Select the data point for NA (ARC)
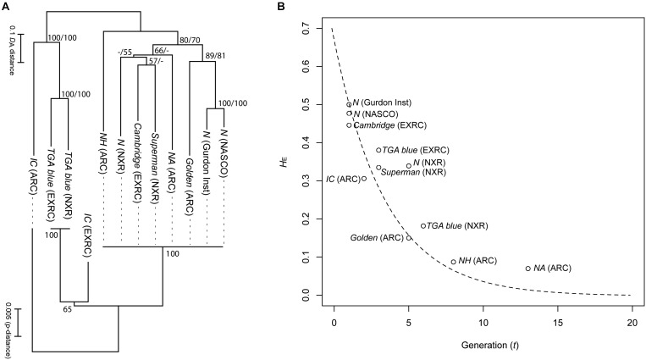click(x=528, y=269)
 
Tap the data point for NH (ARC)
click(x=454, y=262)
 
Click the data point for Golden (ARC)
click(x=409, y=237)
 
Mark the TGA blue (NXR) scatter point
click(x=423, y=225)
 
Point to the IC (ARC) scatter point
click(x=364, y=179)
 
